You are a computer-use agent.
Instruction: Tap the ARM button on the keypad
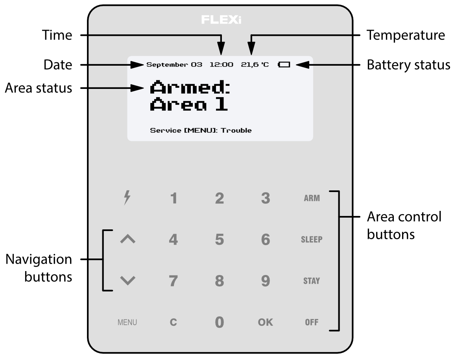click(312, 199)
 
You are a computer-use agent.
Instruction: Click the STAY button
click(312, 281)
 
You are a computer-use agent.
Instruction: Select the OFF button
click(312, 323)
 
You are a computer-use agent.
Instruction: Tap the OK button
click(265, 323)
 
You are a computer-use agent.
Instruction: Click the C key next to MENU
click(173, 323)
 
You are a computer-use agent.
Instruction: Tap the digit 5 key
click(220, 240)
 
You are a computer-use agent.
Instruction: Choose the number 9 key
click(266, 281)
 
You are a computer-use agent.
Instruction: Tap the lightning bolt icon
click(127, 199)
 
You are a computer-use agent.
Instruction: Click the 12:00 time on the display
click(221, 65)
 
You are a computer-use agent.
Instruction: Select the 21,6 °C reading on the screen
click(255, 65)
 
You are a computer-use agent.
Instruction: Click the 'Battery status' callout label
click(408, 65)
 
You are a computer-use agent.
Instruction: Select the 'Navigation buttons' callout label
click(39, 268)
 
